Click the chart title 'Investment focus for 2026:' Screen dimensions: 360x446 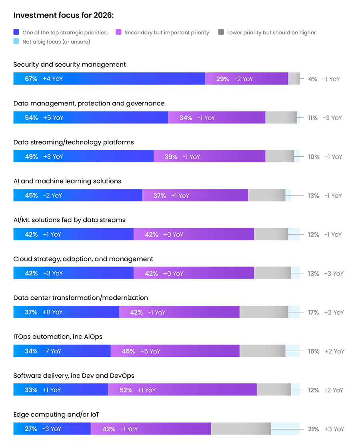coord(64,15)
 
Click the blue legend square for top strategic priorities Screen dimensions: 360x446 coord(16,32)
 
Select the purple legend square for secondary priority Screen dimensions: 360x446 coord(118,32)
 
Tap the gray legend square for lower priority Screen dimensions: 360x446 coord(221,32)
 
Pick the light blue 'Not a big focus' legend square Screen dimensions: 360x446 coord(16,41)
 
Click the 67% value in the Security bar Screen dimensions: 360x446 coord(31,79)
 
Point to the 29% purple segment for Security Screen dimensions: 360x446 coord(247,78)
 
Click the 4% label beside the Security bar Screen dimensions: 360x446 coord(312,79)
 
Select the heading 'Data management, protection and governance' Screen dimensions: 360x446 coord(89,104)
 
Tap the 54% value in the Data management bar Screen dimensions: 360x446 coord(31,118)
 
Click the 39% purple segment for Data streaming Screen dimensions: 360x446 coord(210,156)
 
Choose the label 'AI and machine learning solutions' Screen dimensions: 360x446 coord(67,181)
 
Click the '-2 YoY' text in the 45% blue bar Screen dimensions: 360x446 coord(52,196)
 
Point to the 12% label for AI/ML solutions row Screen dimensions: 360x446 coord(313,235)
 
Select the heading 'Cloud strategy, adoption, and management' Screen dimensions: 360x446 coord(83,259)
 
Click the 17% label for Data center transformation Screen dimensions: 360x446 coord(313,312)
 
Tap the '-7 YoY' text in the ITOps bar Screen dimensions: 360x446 coord(52,351)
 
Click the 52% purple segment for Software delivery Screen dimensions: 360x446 coord(182,389)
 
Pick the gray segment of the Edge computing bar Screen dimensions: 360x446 coord(241,428)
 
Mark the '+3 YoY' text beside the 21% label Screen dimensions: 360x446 coord(334,429)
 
